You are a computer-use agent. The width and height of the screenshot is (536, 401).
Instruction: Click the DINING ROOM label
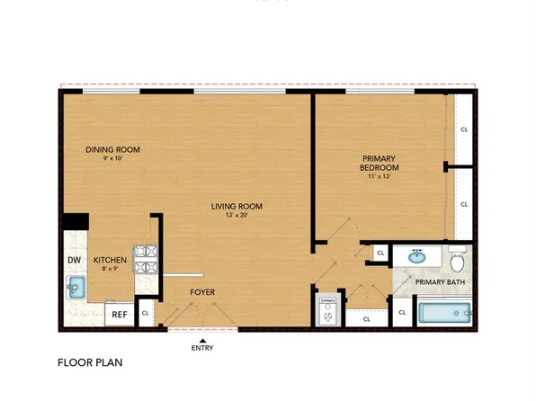[x=113, y=149]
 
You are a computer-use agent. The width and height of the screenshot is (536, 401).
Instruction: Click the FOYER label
[x=201, y=292]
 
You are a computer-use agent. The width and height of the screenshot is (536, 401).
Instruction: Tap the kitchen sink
[x=75, y=287]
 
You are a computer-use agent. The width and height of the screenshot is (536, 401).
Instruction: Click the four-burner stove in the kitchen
[x=146, y=262]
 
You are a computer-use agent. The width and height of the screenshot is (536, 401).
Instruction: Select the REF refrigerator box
[x=118, y=314]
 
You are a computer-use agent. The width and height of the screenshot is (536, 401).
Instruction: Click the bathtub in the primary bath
[x=446, y=314]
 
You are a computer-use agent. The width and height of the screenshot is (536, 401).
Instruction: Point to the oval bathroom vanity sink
[x=417, y=256]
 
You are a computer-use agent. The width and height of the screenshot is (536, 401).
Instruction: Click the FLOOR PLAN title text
[x=90, y=363]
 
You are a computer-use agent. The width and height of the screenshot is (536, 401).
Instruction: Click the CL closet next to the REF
[x=145, y=313]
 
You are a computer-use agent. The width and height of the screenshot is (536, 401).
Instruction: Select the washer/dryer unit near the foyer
[x=327, y=310]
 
